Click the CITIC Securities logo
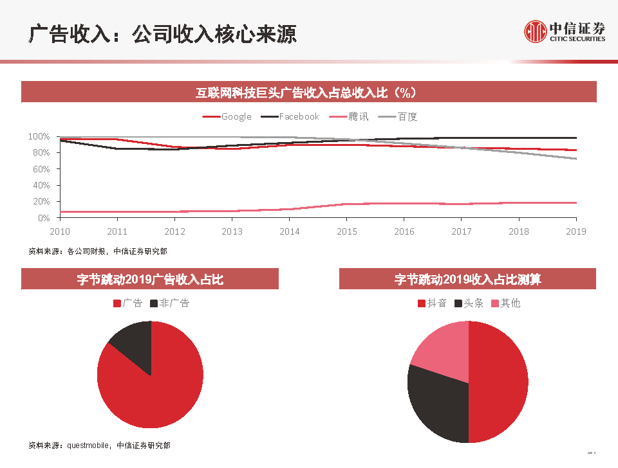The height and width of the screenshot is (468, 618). [565, 31]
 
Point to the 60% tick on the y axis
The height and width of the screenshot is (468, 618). [41, 169]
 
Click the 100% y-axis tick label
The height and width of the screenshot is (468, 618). [39, 137]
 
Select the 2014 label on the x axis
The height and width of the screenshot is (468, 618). [290, 231]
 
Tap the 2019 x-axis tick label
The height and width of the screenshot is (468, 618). [576, 231]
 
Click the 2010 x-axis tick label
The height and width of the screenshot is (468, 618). [60, 231]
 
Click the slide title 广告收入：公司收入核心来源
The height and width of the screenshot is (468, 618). [162, 34]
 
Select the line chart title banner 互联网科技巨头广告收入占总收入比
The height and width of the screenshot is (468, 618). [309, 93]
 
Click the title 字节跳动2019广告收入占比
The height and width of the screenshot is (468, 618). [150, 279]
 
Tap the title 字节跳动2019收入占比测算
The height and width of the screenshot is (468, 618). [467, 279]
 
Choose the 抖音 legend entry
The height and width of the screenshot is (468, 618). [432, 303]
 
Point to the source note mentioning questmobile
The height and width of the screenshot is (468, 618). [100, 445]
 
